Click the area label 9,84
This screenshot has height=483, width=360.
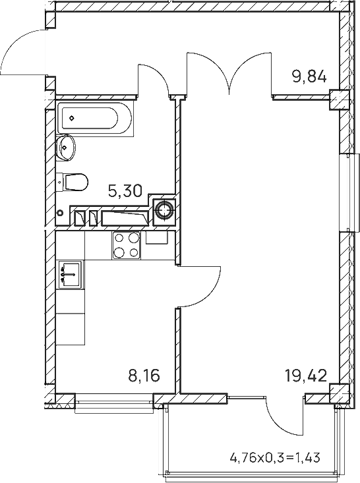(309, 76)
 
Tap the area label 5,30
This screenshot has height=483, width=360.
(125, 191)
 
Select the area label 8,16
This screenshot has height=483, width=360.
(144, 376)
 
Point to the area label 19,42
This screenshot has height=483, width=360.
(306, 376)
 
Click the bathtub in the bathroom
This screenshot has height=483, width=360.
(95, 118)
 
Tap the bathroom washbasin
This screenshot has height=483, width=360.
(66, 148)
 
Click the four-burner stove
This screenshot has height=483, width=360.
(126, 245)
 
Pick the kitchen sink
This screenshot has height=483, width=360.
(70, 275)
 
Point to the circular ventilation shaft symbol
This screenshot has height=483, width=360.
(164, 210)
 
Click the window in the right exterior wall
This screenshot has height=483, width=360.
(349, 192)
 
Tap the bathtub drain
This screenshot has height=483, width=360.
(72, 118)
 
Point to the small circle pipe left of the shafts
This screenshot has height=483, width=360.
(61, 213)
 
